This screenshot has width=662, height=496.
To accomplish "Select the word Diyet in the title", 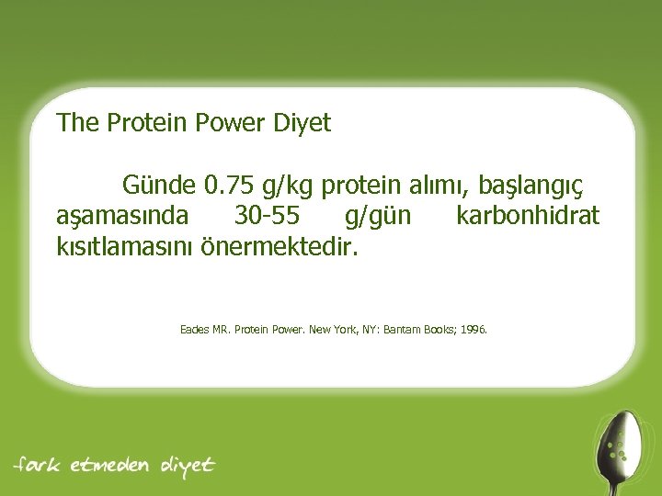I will (x=301, y=123).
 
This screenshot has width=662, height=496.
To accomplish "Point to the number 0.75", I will (x=230, y=186).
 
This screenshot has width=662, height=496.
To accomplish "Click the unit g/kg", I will (x=287, y=186).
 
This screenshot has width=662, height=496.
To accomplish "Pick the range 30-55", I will (x=266, y=216).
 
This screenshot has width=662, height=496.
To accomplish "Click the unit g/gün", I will (x=378, y=217).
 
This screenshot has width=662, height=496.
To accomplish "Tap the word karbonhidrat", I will (x=528, y=216).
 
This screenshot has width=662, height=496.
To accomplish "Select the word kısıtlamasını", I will (x=126, y=247).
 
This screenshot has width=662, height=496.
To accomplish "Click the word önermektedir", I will (x=278, y=247).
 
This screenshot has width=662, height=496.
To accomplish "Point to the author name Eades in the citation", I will (x=194, y=328).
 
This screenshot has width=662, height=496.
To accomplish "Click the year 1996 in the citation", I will (x=474, y=328).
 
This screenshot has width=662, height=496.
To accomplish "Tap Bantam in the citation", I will (x=402, y=328).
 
